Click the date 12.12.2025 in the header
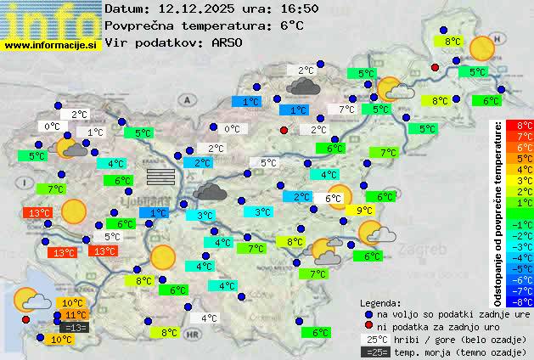[x=193, y=8]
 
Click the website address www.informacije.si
[x=51, y=44]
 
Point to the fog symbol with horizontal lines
[x=160, y=176]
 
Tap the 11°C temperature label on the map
[x=76, y=315]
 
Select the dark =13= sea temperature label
[x=75, y=328]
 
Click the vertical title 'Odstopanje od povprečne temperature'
[x=498, y=212]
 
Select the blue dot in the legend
[x=368, y=314]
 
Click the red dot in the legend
[x=368, y=326]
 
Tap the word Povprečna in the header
[x=140, y=25]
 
